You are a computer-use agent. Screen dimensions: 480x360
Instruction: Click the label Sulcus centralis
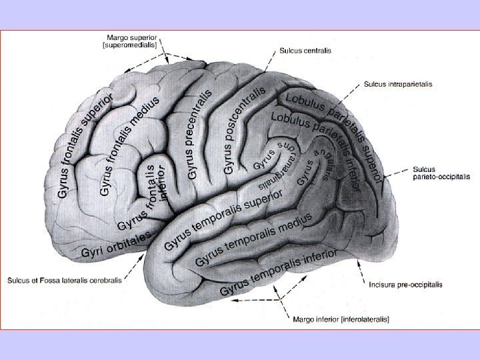(305, 50)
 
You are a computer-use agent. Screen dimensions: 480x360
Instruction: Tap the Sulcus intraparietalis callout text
(397, 85)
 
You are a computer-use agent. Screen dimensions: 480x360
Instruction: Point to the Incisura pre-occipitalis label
(405, 284)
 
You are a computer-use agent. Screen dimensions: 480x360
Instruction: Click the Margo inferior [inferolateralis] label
(341, 319)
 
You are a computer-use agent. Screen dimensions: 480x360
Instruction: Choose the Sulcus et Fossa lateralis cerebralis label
(65, 281)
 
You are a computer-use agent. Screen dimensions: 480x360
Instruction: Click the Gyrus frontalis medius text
(129, 147)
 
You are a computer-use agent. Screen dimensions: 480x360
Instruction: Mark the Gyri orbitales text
(112, 247)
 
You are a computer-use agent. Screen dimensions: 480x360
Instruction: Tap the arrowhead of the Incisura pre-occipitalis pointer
(361, 262)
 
